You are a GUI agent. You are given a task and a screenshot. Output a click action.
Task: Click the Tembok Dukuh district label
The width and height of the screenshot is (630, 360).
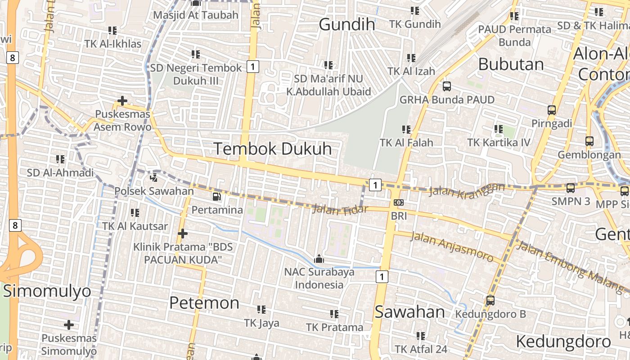[272, 149]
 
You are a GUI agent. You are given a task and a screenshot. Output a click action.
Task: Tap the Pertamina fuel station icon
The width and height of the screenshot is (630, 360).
[217, 197]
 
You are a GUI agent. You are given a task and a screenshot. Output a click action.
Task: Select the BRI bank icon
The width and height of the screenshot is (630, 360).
[398, 202]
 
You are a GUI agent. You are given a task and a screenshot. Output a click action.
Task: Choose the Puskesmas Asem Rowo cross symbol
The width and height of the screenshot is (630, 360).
[122, 100]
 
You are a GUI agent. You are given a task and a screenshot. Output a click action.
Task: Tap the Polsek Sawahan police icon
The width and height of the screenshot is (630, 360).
[154, 177]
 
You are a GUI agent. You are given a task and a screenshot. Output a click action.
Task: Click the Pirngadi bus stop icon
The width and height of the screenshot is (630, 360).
[552, 110]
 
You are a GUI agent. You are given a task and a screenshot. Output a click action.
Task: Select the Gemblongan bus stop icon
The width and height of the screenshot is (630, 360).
[589, 141]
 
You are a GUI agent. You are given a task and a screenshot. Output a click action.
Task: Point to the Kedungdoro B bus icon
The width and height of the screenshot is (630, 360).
[490, 300]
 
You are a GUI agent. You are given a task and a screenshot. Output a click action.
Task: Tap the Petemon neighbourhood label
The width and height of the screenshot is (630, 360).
[204, 303]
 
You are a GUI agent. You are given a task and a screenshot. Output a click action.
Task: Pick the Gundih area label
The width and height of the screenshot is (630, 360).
[347, 24]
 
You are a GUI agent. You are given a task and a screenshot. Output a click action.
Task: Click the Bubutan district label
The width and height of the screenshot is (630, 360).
[511, 64]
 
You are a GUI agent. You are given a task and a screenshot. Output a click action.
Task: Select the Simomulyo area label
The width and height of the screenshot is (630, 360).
[47, 291]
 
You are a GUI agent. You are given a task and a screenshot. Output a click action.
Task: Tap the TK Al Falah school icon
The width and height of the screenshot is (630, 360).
[406, 130]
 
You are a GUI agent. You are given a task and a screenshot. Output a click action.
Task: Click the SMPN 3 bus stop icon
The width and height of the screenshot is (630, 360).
[571, 188]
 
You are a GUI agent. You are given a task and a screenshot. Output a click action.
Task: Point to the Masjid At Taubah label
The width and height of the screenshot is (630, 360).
[195, 15]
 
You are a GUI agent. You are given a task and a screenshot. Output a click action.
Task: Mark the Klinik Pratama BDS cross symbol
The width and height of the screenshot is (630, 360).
[182, 233]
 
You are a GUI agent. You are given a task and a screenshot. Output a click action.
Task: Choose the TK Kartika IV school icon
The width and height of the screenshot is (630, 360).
[498, 129]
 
